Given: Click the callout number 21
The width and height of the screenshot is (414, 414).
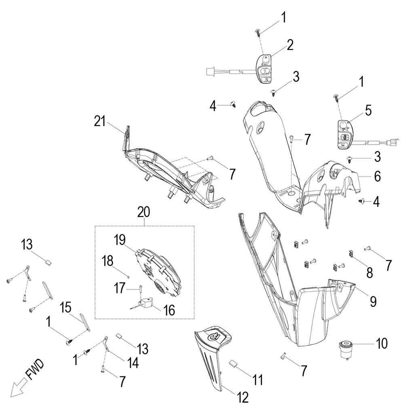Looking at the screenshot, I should (x=99, y=121).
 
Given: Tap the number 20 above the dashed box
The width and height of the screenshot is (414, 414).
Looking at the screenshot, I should (x=144, y=211).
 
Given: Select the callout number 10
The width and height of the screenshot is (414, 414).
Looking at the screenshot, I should (x=381, y=344).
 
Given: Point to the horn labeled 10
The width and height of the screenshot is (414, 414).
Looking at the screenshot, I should (x=345, y=349).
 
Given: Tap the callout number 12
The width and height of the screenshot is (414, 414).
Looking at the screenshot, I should (x=243, y=397).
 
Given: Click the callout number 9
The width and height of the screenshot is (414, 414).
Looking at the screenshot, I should (x=373, y=301).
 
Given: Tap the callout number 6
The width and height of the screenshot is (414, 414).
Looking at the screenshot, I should (x=377, y=176).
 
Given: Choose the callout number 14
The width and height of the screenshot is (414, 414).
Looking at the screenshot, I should (x=132, y=363).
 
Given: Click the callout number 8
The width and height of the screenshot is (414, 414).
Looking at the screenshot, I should (x=369, y=273).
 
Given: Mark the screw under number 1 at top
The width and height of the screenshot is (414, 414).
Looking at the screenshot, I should (x=258, y=31).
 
